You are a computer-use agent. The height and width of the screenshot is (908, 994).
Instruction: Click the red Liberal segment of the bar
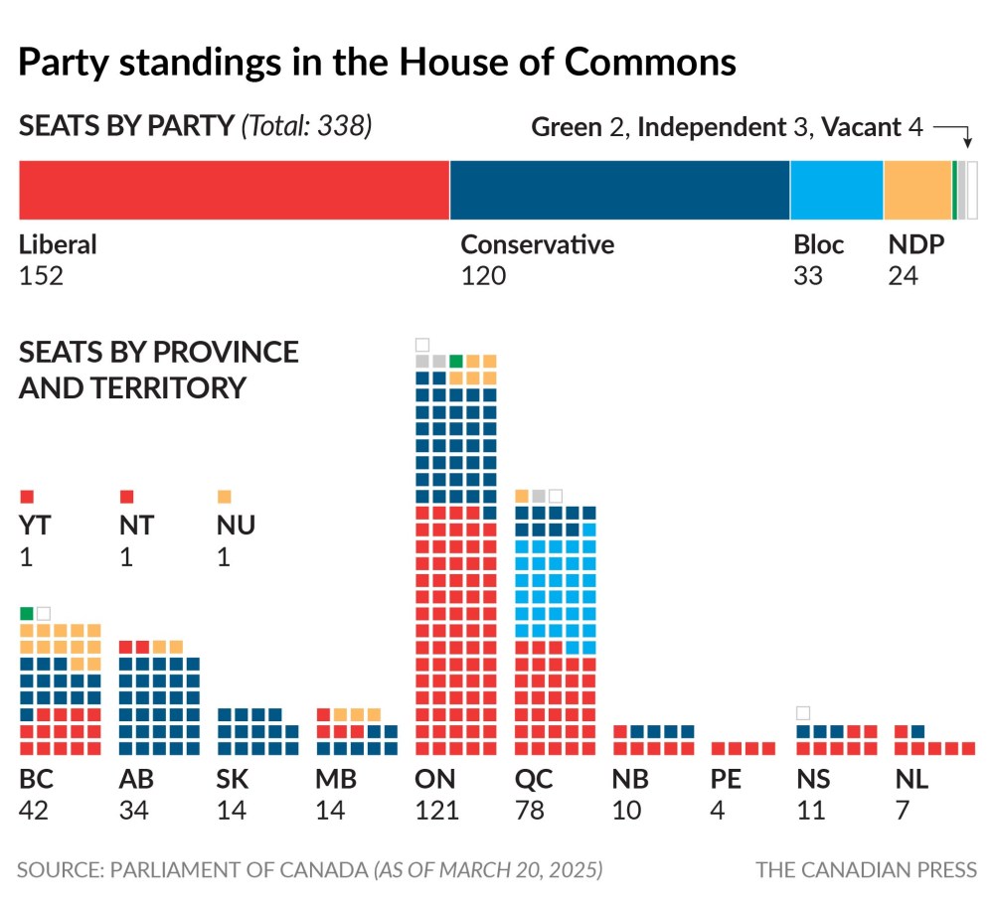click(234, 189)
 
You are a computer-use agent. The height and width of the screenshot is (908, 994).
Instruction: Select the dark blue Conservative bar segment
click(619, 189)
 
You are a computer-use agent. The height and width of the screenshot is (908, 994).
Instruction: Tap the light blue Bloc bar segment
click(836, 189)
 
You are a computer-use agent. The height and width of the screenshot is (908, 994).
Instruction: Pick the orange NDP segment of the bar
click(916, 189)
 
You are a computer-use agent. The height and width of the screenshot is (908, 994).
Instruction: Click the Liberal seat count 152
click(41, 275)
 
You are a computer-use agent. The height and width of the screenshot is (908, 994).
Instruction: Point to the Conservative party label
click(537, 244)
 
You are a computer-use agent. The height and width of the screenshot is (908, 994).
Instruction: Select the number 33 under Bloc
click(808, 275)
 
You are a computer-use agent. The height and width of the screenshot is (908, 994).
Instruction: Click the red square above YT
click(27, 496)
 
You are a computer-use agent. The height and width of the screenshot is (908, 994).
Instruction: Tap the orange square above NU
click(224, 496)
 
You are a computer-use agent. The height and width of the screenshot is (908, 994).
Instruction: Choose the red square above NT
click(126, 496)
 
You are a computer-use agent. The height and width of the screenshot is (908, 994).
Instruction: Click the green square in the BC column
click(27, 613)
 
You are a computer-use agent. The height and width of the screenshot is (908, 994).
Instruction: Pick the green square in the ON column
click(455, 361)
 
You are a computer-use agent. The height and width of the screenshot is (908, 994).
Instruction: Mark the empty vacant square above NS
click(803, 712)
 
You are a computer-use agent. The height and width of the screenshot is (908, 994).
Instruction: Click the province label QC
click(534, 780)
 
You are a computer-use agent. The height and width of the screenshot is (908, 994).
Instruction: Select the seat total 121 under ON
click(436, 811)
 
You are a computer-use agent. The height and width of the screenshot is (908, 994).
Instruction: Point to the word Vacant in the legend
click(861, 127)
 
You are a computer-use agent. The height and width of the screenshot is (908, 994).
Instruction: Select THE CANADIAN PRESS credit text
click(866, 870)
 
